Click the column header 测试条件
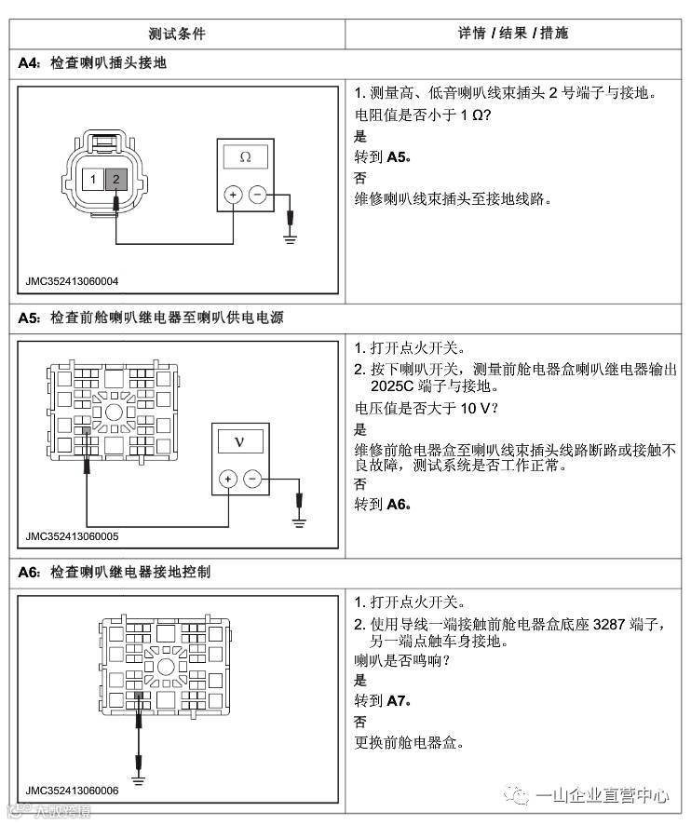pyautogui.click(x=176, y=34)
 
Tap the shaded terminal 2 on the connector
pyautogui.click(x=115, y=178)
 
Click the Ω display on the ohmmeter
pyautogui.click(x=245, y=157)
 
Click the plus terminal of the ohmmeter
pyautogui.click(x=233, y=196)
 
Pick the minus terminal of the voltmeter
pyautogui.click(x=252, y=480)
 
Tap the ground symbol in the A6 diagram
pyautogui.click(x=138, y=768)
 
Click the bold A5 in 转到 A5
pyautogui.click(x=398, y=156)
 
